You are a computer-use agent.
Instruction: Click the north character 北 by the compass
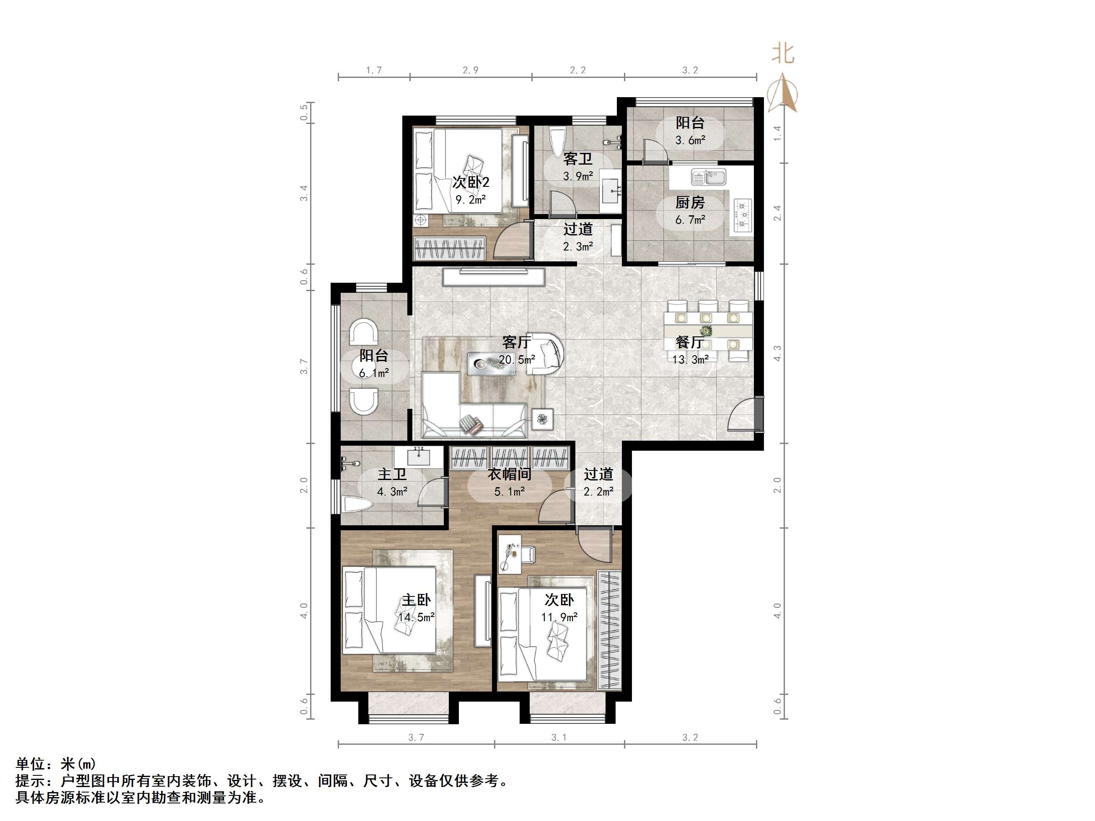(x=783, y=54)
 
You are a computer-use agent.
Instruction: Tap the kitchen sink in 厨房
(x=709, y=176)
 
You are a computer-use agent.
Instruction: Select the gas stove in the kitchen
(x=743, y=215)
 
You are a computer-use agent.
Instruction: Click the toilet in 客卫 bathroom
(x=558, y=141)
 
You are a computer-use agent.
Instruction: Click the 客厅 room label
(x=516, y=341)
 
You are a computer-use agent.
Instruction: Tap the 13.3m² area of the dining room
(x=690, y=360)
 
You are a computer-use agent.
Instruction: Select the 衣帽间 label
(x=510, y=474)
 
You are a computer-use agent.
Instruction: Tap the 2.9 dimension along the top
(x=470, y=70)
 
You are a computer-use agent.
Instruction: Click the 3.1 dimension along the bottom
(x=559, y=737)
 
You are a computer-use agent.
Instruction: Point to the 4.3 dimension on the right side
(x=777, y=353)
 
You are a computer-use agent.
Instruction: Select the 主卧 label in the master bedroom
(x=416, y=600)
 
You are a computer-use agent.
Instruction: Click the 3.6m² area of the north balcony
(x=690, y=140)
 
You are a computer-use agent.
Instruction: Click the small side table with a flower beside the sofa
(x=543, y=420)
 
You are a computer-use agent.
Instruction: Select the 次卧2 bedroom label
(x=470, y=182)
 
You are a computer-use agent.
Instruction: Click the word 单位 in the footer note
(x=31, y=764)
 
